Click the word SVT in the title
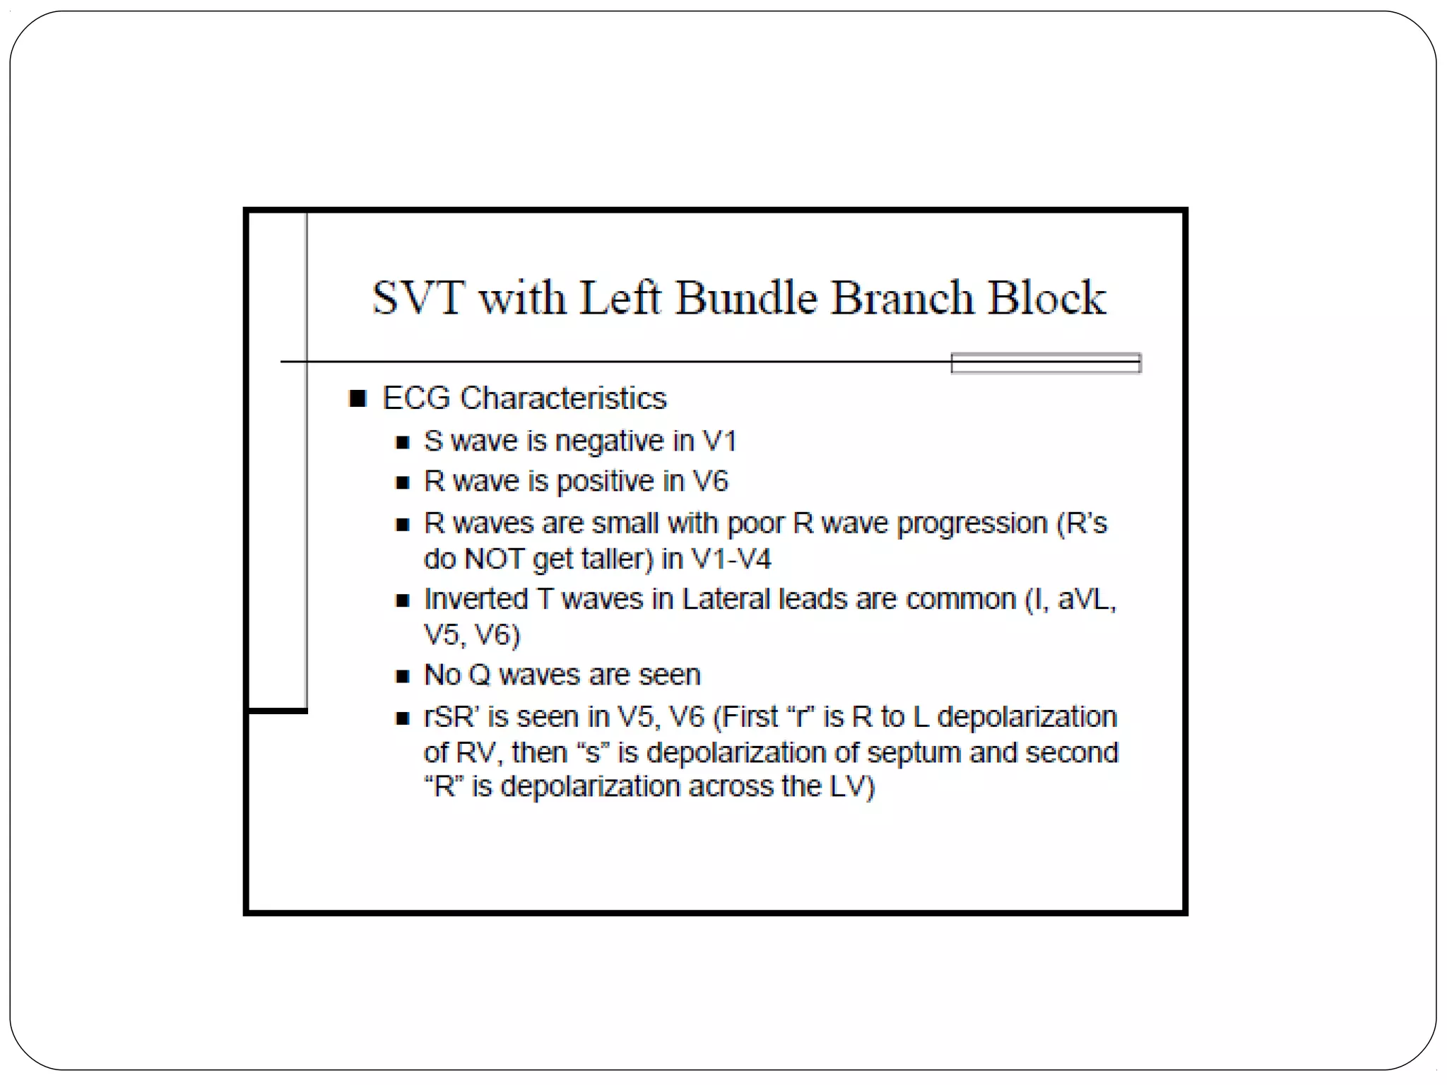[418, 297]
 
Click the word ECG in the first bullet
[416, 398]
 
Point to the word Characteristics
[563, 398]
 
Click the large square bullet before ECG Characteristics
[358, 398]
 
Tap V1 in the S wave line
[719, 441]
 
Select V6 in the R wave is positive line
[710, 482]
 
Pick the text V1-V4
[731, 559]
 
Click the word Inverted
[476, 600]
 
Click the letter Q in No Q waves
[479, 675]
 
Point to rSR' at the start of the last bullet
[451, 717]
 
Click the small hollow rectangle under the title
[1046, 363]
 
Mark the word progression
[972, 524]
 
